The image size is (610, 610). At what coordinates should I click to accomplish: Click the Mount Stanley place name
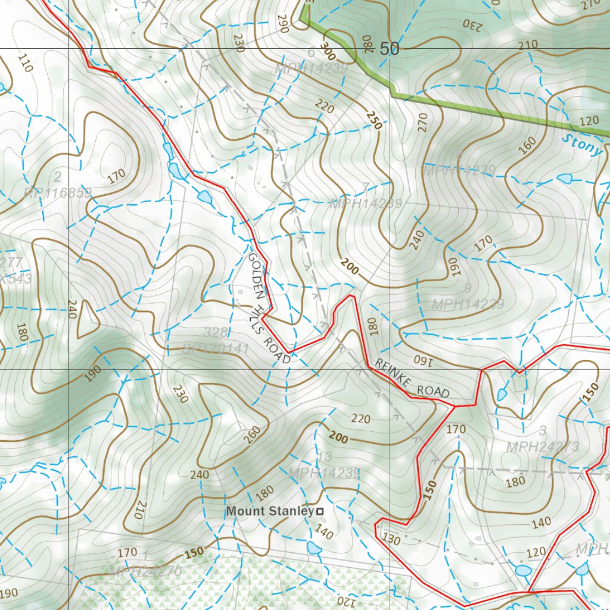[270, 511]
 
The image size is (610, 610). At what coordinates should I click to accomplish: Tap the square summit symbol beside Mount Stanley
[320, 511]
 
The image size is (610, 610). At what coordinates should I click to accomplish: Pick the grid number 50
[389, 49]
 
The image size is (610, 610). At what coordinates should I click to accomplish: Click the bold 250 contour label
[374, 120]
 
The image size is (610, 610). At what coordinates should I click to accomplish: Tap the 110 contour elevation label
[24, 63]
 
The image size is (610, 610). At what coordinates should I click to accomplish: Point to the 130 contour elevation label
[391, 539]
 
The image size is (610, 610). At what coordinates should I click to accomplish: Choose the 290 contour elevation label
[282, 24]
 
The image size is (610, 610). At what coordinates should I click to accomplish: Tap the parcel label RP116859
[58, 193]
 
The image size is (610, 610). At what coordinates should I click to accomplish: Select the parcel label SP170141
[216, 348]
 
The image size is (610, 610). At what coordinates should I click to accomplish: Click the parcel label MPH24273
[543, 447]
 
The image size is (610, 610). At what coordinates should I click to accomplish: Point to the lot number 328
[215, 332]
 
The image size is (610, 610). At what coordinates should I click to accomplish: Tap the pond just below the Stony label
[564, 178]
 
